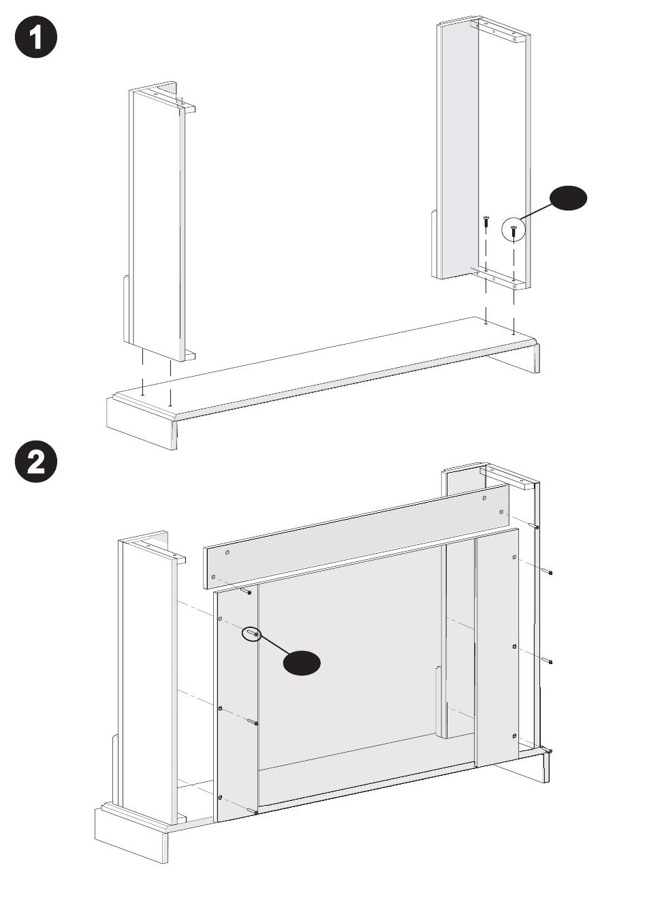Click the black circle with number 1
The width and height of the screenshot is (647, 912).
pos(36,37)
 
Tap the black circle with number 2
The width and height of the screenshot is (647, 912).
pos(36,461)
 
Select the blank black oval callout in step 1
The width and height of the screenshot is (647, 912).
pos(569,199)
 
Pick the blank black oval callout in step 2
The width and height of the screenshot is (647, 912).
pos(302,663)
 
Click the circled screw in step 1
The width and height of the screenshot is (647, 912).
pos(514,232)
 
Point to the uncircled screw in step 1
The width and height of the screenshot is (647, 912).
pos(486,223)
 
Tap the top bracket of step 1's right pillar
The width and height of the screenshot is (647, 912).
pos(500,31)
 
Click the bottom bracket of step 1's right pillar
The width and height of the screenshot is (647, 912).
pos(500,278)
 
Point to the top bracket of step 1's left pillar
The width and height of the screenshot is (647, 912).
pos(168,97)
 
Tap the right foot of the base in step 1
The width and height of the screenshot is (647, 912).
pos(516,358)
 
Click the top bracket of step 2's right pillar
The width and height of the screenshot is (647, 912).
pos(509,478)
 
